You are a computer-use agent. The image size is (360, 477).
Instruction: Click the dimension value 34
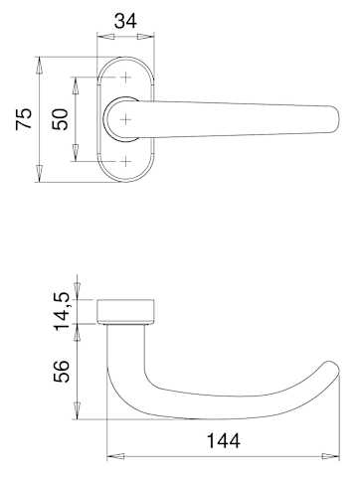pos(125,21)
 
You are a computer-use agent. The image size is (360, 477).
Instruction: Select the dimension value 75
pos(24,118)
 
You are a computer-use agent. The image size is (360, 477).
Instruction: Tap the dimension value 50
pos(61,119)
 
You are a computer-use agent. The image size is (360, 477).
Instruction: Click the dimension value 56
pos(62,371)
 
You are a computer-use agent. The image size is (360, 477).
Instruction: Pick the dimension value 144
pos(224,441)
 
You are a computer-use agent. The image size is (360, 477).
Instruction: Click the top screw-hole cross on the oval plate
pos(125,78)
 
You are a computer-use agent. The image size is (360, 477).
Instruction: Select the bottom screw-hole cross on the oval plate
pos(125,162)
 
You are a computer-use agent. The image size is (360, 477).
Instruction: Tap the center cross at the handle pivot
pos(125,119)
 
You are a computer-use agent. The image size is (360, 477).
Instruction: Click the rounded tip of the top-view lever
pos(337,119)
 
